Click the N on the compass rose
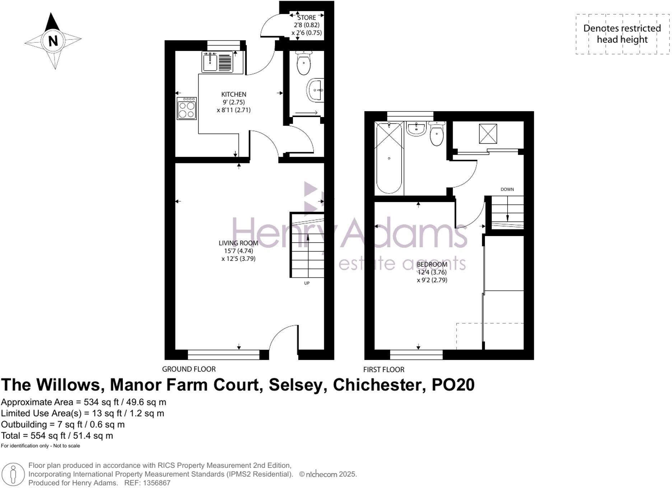click(x=53, y=41)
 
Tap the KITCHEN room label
click(x=234, y=94)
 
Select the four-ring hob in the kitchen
click(x=187, y=108)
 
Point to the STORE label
click(x=307, y=18)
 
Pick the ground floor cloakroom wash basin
click(x=316, y=90)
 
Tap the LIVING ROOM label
click(x=238, y=243)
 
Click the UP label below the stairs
click(x=307, y=283)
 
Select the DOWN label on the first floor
click(x=507, y=189)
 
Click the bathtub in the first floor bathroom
click(x=389, y=158)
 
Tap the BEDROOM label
click(x=432, y=264)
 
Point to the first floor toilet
click(x=437, y=134)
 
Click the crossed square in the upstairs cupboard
click(x=488, y=134)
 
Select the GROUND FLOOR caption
click(x=189, y=369)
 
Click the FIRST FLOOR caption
click(x=383, y=370)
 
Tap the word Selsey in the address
click(x=297, y=385)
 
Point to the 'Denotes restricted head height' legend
click(x=622, y=34)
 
